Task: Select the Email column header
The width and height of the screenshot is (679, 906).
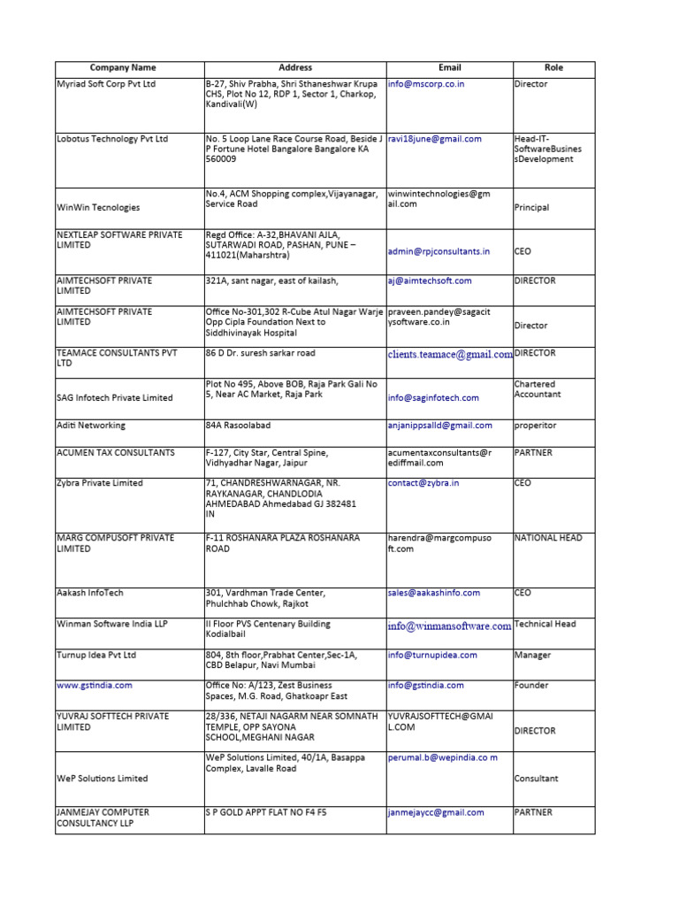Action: pos(449,67)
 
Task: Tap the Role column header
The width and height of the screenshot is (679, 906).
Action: pos(553,67)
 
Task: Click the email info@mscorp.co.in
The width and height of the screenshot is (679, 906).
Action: pos(426,84)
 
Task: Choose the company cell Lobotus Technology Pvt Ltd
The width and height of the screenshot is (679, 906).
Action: pos(112,139)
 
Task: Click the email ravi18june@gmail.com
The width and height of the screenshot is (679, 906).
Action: pos(435,139)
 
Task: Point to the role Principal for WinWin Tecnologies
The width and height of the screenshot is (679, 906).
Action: pos(531,208)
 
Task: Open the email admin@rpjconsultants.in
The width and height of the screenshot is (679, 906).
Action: pos(439,251)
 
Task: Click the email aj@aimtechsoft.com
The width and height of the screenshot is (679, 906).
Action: pos(430,280)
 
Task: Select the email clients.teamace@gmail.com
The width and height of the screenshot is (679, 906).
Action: pos(449,354)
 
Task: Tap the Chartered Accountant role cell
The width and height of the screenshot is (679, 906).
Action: pos(535,390)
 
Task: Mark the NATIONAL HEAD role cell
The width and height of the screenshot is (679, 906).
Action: pos(548,538)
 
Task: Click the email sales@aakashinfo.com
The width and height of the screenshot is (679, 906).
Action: pos(434,593)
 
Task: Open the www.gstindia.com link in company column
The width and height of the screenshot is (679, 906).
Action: pos(95,686)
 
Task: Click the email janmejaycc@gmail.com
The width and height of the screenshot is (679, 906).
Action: pos(436,812)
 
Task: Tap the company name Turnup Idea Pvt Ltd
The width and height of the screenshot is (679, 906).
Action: pos(97,656)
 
